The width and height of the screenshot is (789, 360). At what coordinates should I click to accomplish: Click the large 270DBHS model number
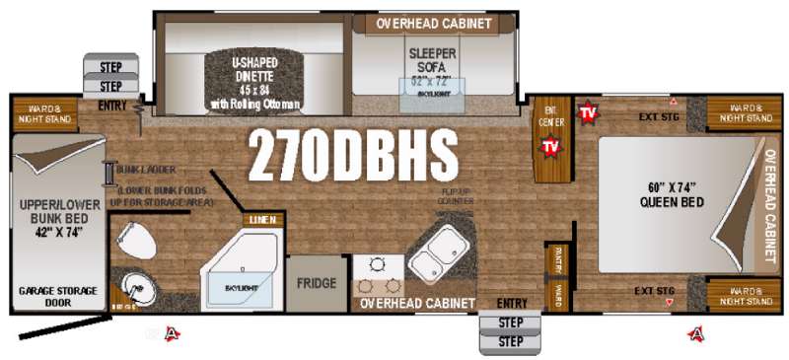coord(353,154)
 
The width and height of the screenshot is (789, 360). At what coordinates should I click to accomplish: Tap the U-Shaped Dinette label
coord(254,80)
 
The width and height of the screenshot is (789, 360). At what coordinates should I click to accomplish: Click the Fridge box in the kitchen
coord(317,282)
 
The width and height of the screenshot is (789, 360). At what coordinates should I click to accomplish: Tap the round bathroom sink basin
coord(136,290)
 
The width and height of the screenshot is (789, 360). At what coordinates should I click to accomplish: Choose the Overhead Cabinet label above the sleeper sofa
coord(435,23)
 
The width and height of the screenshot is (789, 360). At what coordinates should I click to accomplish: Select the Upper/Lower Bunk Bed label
coord(55,218)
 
